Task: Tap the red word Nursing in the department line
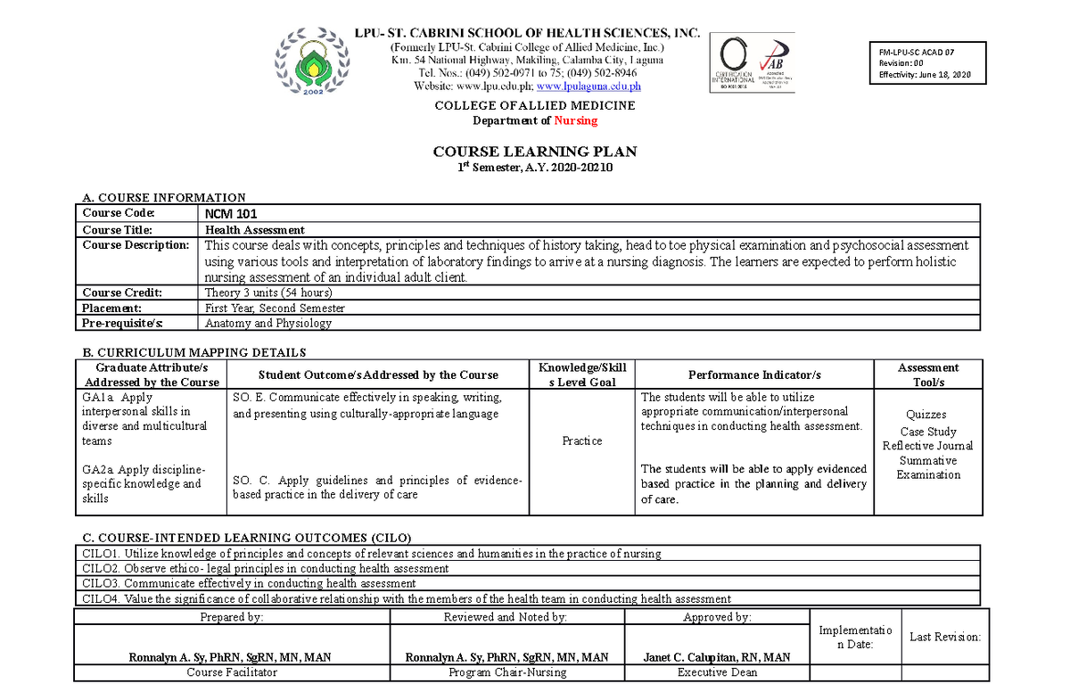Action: (x=575, y=120)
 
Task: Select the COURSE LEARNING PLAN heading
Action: (x=535, y=152)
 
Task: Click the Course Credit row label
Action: (x=123, y=292)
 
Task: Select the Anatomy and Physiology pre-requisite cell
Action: (x=268, y=324)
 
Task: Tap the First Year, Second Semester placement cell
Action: (x=275, y=308)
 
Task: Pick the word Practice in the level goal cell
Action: (x=582, y=441)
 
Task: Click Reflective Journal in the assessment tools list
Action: (x=927, y=446)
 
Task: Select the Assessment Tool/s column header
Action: (x=928, y=375)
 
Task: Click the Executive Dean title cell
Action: (x=717, y=672)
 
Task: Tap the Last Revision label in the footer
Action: (x=944, y=637)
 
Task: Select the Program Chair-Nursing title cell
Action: (x=507, y=672)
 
